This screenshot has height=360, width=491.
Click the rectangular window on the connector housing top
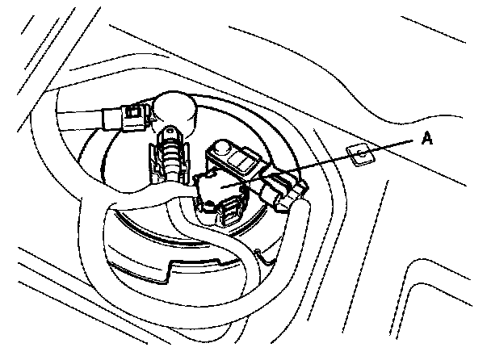pos(243,159)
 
